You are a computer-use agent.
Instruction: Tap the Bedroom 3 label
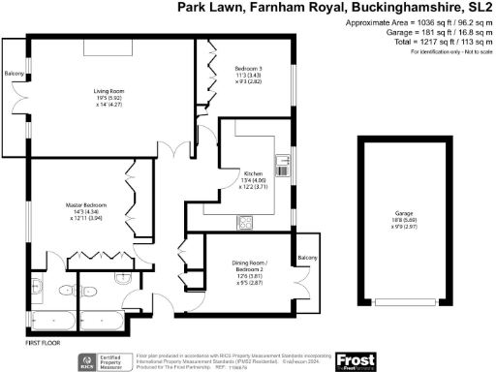pos(250,68)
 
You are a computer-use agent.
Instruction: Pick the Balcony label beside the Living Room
pos(14,74)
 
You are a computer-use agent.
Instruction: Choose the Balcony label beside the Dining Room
pos(307,257)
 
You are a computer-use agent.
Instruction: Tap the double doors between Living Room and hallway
pos(175,153)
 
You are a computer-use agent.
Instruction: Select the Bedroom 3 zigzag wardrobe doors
pos(210,73)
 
